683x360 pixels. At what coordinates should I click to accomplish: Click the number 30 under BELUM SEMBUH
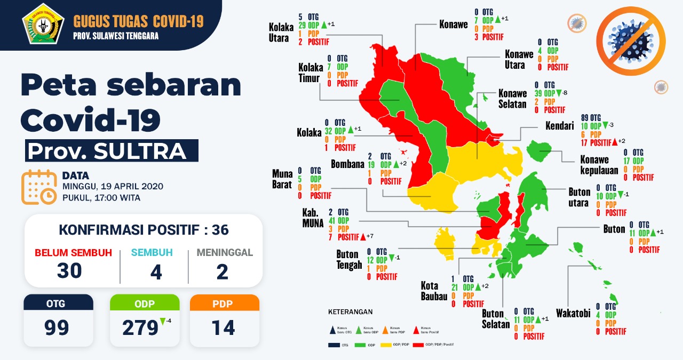pyautogui.click(x=70, y=271)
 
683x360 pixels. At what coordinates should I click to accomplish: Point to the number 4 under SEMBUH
pyautogui.click(x=156, y=271)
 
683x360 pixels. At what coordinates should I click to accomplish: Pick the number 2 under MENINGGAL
pyautogui.click(x=223, y=271)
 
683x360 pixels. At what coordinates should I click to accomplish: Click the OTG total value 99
pyautogui.click(x=57, y=327)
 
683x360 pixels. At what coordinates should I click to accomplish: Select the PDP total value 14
pyautogui.click(x=223, y=327)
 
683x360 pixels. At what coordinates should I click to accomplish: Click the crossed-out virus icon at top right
pyautogui.click(x=631, y=40)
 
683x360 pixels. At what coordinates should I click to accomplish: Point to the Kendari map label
pyautogui.click(x=561, y=126)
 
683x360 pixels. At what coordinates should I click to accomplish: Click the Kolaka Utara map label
pyautogui.click(x=279, y=31)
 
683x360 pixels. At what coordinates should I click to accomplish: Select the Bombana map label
pyautogui.click(x=347, y=164)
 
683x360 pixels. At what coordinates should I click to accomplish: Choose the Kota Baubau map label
pyautogui.click(x=434, y=290)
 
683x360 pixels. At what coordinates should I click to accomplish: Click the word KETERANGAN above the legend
pyautogui.click(x=350, y=311)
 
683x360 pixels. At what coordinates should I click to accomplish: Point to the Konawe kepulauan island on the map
pyautogui.click(x=539, y=149)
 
